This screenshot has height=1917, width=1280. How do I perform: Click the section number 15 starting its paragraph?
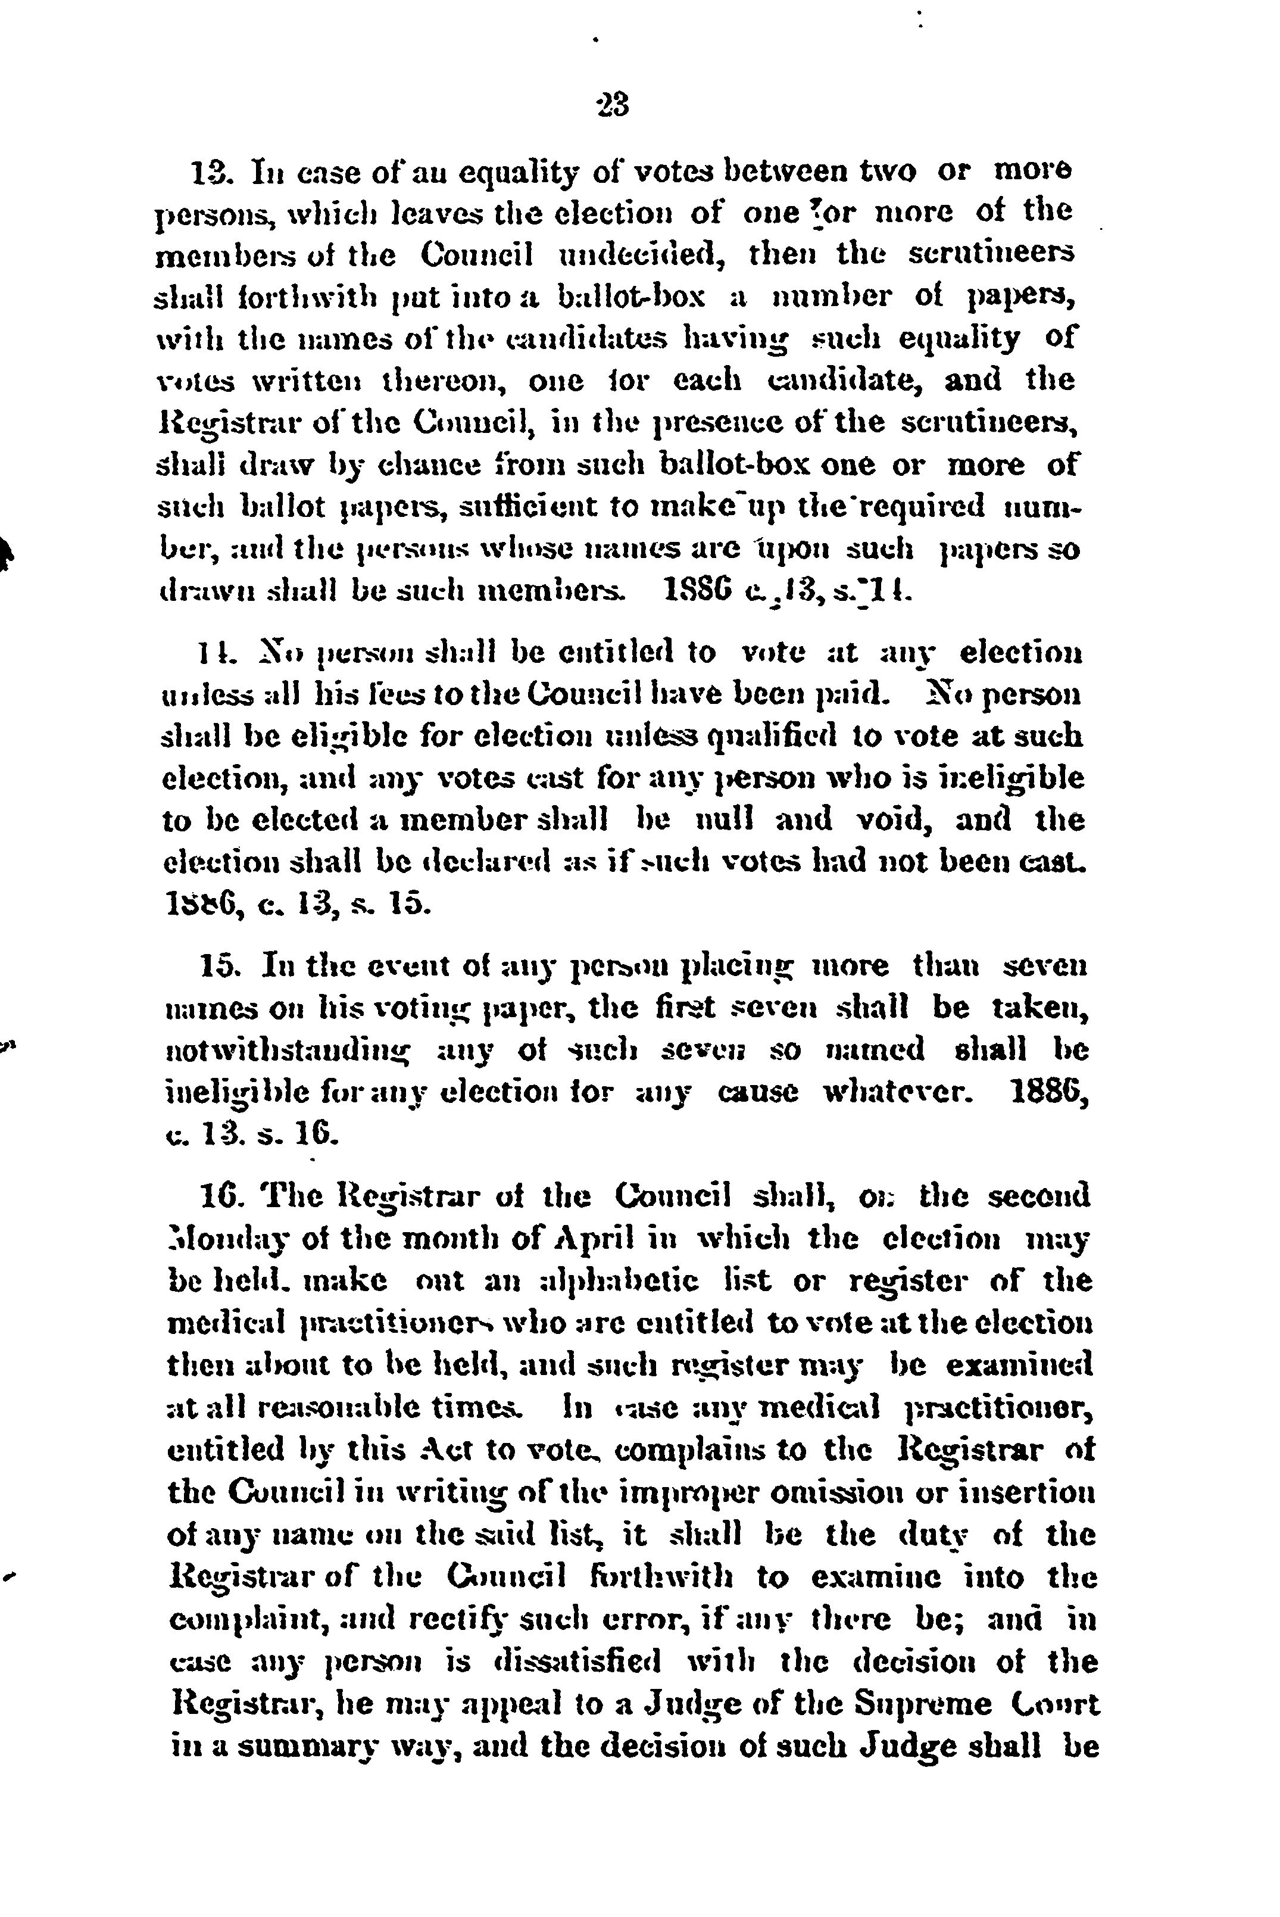[218, 965]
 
